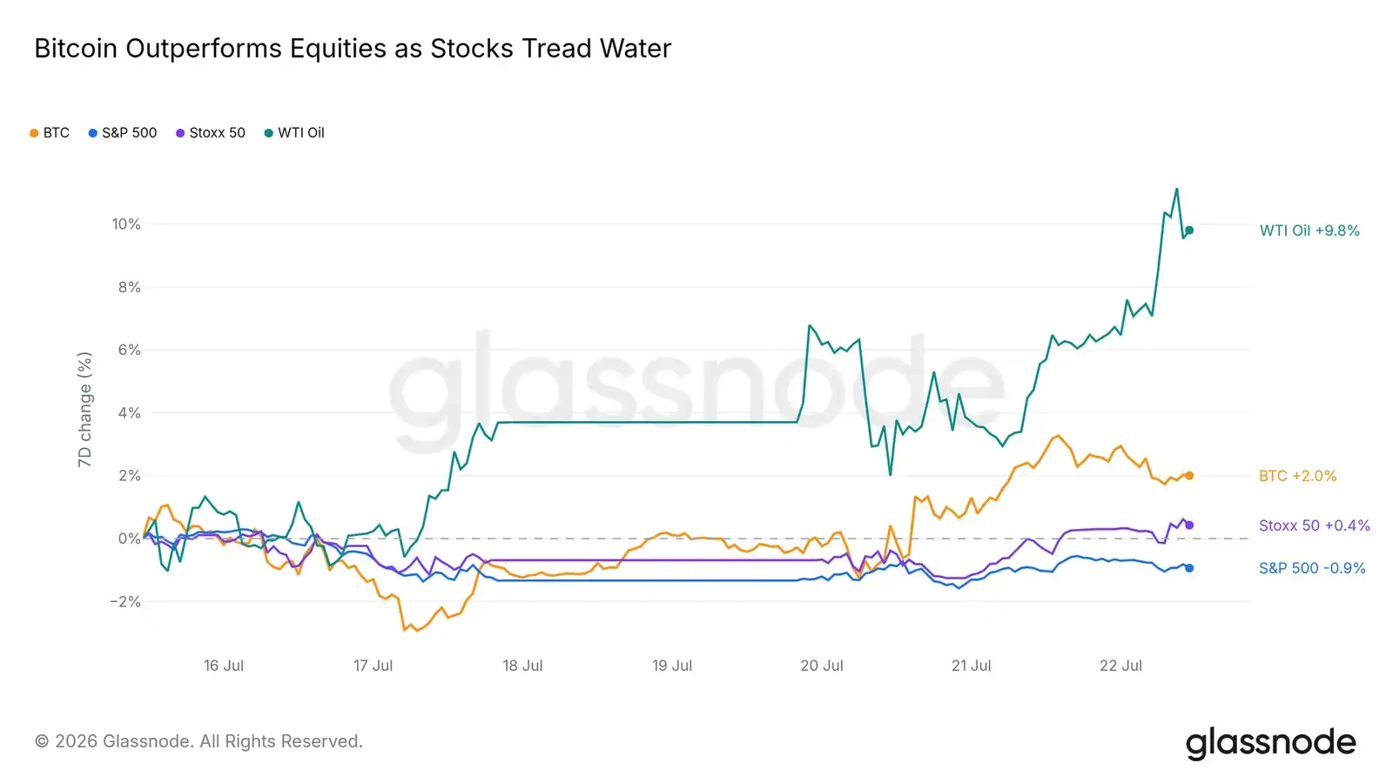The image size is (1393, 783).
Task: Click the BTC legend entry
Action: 50,133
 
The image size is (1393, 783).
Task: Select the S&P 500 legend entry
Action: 123,133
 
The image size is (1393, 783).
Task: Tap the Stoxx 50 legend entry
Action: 210,133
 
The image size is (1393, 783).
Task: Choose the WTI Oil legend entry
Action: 294,133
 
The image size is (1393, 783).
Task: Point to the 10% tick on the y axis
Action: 126,224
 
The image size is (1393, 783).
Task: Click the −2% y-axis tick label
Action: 125,601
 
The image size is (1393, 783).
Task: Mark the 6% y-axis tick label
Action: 130,350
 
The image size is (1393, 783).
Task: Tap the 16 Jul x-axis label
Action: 223,666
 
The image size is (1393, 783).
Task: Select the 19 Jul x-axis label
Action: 671,666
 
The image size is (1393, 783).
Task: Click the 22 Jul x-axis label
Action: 1120,666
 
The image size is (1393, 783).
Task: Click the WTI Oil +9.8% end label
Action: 1309,231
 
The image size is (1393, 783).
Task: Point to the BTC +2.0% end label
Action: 1298,476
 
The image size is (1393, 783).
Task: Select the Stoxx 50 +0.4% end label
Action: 1315,525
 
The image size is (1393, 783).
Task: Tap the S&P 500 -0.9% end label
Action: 1312,568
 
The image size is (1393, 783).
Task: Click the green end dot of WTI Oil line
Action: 1189,231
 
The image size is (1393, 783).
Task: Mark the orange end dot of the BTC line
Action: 1189,476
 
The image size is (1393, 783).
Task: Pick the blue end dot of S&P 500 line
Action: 1189,568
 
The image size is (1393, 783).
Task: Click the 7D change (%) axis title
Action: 84,410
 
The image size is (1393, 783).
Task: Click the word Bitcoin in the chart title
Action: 76,49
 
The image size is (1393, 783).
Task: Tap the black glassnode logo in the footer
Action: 1270,743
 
